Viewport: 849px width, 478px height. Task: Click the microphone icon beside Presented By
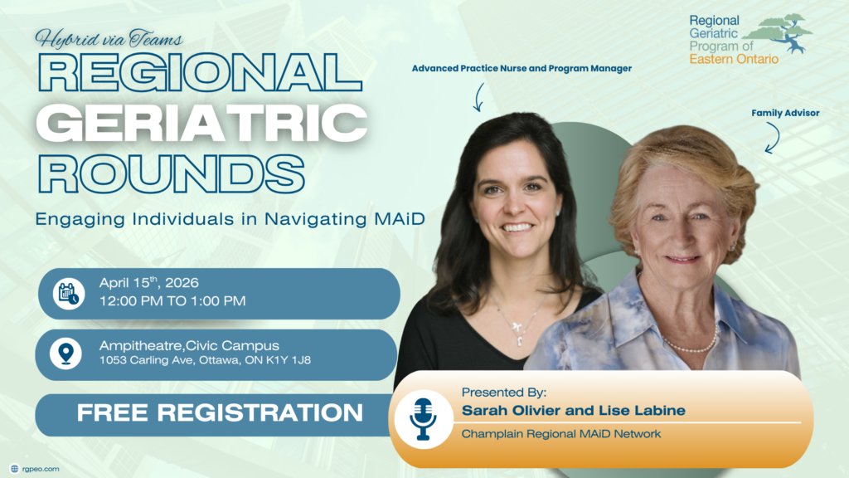click(423, 419)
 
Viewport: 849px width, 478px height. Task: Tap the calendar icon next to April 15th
click(69, 294)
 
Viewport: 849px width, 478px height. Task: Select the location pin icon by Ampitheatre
click(66, 354)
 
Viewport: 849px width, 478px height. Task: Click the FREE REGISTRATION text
click(220, 412)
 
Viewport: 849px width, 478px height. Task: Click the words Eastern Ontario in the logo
click(734, 59)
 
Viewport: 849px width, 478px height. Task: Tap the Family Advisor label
click(785, 113)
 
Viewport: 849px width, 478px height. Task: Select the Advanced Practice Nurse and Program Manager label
click(522, 68)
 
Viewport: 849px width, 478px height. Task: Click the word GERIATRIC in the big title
click(201, 123)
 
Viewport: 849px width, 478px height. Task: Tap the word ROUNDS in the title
click(171, 173)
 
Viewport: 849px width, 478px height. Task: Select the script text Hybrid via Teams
click(109, 39)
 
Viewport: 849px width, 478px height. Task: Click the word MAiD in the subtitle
click(400, 219)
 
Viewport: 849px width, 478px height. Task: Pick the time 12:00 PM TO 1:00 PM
click(172, 300)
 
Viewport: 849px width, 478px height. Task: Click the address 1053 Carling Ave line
click(205, 360)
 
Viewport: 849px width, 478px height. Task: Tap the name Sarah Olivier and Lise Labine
click(574, 410)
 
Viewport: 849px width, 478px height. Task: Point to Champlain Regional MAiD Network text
click(561, 433)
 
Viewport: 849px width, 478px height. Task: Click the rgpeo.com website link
click(41, 469)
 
